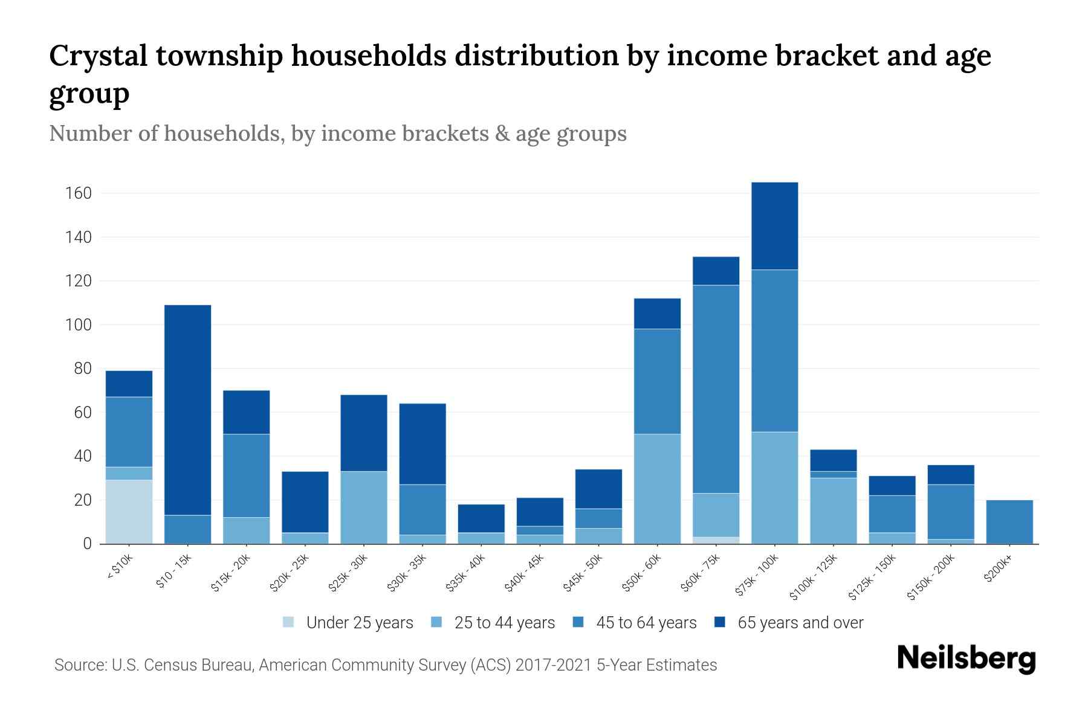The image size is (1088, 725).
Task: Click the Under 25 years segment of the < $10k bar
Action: click(x=129, y=512)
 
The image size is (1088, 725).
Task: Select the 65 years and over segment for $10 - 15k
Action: click(x=187, y=410)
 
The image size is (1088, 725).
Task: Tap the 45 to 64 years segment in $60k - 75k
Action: click(x=716, y=389)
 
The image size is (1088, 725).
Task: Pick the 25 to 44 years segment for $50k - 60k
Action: click(x=657, y=489)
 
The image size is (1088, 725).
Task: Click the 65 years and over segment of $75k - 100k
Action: click(x=774, y=226)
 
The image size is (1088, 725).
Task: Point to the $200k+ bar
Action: click(x=1009, y=522)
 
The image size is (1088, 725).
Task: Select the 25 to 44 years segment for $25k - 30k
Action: click(x=363, y=507)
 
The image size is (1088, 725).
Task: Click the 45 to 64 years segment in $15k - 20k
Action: click(x=246, y=475)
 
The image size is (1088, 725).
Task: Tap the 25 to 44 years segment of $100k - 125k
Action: click(x=833, y=511)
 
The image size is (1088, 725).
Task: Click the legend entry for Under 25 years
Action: click(x=348, y=623)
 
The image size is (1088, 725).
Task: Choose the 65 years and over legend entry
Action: click(x=789, y=623)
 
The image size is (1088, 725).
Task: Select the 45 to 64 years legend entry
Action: click(x=635, y=623)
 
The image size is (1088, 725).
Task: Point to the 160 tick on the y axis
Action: click(x=79, y=193)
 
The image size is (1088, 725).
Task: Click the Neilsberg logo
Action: click(x=966, y=659)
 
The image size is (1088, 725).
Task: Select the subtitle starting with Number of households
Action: click(x=338, y=134)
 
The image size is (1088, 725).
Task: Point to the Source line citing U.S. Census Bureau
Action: click(x=386, y=665)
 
